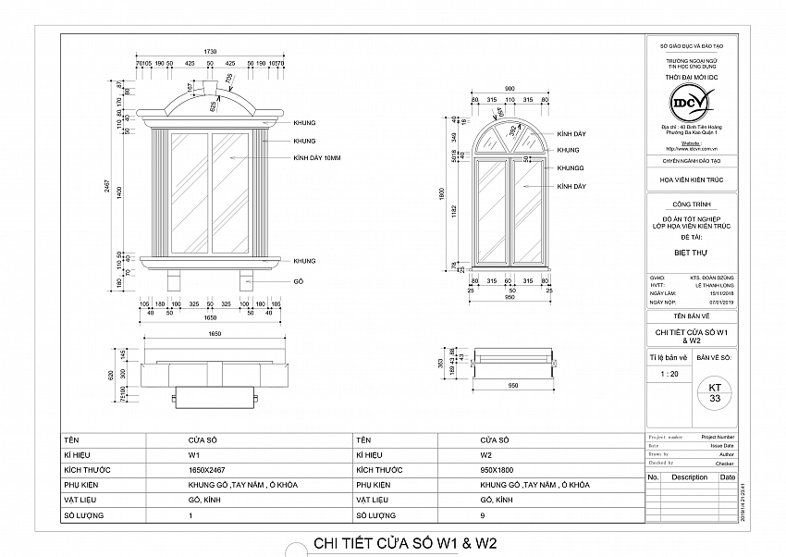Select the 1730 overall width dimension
click(210, 52)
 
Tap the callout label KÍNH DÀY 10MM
click(317, 159)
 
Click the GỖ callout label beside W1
click(299, 280)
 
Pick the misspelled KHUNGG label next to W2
click(571, 168)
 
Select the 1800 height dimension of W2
click(443, 195)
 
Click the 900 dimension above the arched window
click(510, 89)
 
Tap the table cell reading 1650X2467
click(205, 470)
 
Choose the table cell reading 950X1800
click(498, 470)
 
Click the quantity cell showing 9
click(484, 514)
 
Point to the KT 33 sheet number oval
click(714, 391)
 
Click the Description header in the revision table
click(689, 477)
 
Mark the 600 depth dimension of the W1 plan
click(111, 375)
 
